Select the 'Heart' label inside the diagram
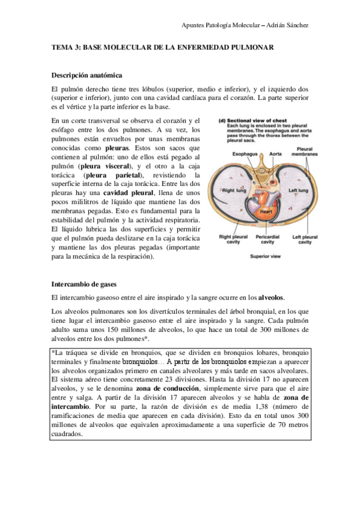pyautogui.click(x=267, y=212)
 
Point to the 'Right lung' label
pyautogui.click(x=231, y=191)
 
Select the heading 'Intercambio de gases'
pyautogui.click(x=84, y=283)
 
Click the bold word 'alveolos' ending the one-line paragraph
pyautogui.click(x=272, y=298)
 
